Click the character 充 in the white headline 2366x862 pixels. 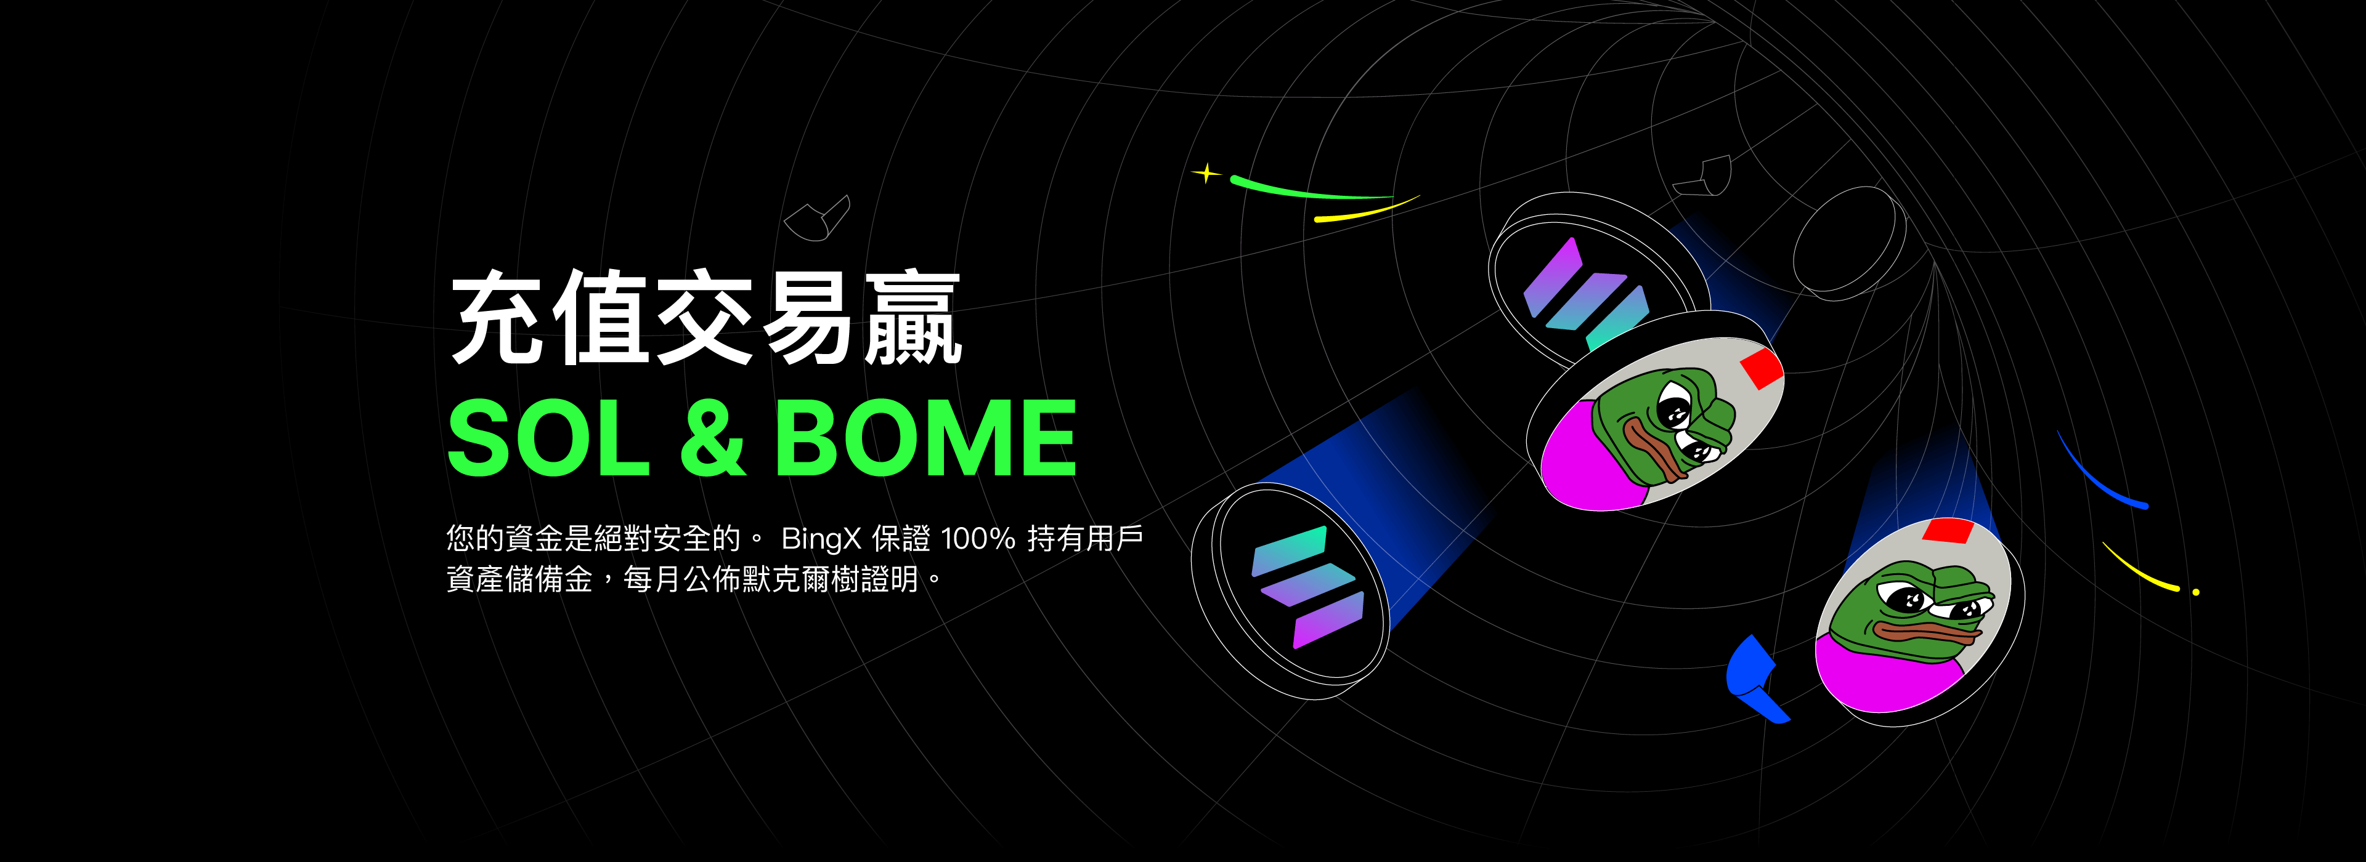tap(500, 316)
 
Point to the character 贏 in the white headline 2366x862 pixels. tap(912, 316)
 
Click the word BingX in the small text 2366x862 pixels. tap(820, 539)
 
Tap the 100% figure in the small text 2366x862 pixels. tap(978, 538)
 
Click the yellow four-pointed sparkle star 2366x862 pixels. tap(1206, 172)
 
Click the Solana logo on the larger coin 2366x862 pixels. tap(1306, 587)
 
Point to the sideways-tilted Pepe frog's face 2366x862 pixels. tap(1664, 424)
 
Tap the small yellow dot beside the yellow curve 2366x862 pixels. tap(2196, 592)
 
